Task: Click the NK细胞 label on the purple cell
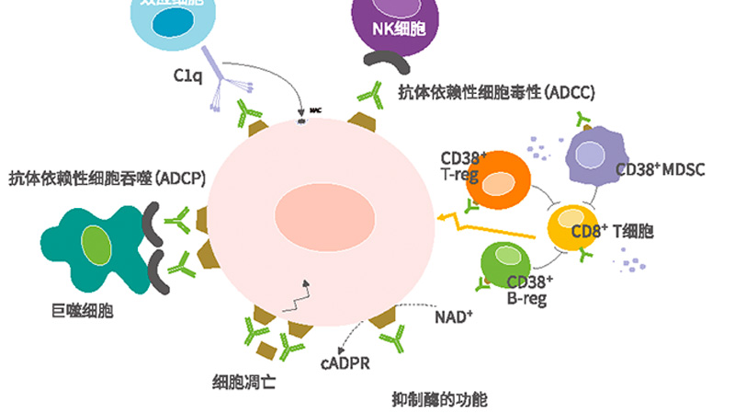click(x=399, y=29)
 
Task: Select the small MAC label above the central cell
click(x=313, y=111)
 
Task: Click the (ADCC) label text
click(x=570, y=92)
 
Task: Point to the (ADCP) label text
click(x=180, y=178)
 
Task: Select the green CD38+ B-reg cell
click(x=507, y=260)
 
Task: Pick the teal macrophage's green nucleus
click(x=96, y=245)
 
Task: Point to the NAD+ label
click(x=454, y=316)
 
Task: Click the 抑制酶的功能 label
click(x=438, y=398)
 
